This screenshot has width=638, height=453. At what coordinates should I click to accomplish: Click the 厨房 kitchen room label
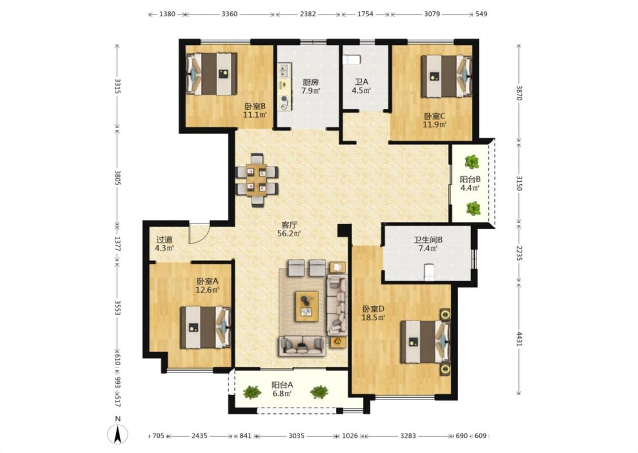310,82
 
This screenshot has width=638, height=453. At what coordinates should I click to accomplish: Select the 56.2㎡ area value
289,234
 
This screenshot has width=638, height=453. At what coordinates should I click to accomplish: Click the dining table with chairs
257,180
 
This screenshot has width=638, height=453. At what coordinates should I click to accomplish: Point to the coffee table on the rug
307,306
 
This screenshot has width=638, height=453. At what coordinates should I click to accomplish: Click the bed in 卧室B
212,74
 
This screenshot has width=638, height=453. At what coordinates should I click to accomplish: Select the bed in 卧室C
446,76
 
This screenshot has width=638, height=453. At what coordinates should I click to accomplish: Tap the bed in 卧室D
425,341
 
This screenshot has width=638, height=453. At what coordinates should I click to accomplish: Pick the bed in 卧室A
205,327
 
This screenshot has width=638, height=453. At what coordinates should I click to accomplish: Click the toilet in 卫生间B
429,272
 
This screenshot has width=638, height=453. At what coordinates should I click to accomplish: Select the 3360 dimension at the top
230,14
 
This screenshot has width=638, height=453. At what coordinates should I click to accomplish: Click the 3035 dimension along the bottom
296,435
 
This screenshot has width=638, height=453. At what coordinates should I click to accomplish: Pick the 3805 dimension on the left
117,178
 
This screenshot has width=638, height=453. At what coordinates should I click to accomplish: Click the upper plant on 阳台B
472,162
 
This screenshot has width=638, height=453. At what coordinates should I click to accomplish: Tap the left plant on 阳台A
252,392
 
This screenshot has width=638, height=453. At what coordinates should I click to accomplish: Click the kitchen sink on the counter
284,70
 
